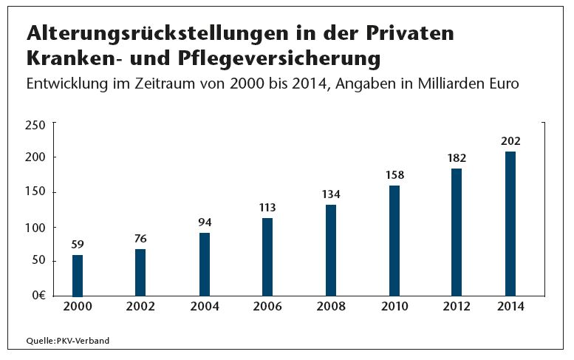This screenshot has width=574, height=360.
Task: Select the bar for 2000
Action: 78,275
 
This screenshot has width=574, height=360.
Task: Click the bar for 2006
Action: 267,257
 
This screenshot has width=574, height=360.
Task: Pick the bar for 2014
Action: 510,223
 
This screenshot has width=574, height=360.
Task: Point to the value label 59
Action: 78,244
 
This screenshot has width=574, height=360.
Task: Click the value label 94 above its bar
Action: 205,222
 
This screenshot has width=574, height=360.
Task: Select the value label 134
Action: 330,194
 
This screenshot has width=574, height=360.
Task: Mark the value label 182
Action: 457,157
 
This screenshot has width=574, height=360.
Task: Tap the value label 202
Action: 510,140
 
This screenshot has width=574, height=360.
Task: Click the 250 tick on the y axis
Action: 35,126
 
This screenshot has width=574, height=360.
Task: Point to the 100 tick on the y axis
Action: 35,227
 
